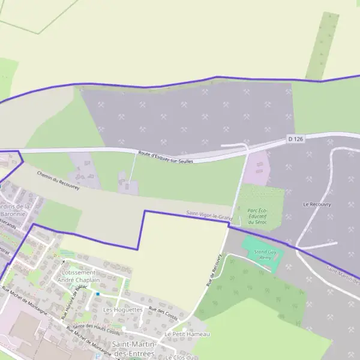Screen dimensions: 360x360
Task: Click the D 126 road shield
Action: click(x=296, y=139)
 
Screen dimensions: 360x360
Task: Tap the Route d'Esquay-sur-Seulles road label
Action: click(x=165, y=158)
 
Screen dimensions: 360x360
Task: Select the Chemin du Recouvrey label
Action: click(x=58, y=179)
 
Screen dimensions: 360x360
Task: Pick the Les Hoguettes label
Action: click(x=122, y=310)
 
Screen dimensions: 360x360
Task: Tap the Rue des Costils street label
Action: click(x=163, y=313)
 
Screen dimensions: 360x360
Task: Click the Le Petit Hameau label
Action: click(x=187, y=334)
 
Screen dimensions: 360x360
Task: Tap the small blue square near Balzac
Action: click(x=98, y=293)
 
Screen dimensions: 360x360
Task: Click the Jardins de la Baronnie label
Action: click(x=18, y=210)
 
